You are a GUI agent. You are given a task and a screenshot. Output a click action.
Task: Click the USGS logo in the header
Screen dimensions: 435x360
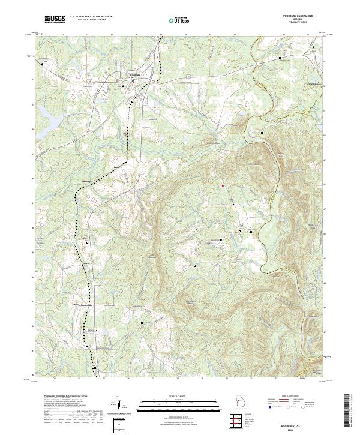55,19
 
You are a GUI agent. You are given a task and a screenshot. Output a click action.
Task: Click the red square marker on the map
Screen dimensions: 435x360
222,187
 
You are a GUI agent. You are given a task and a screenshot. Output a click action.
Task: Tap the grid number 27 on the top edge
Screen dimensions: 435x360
161,35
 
